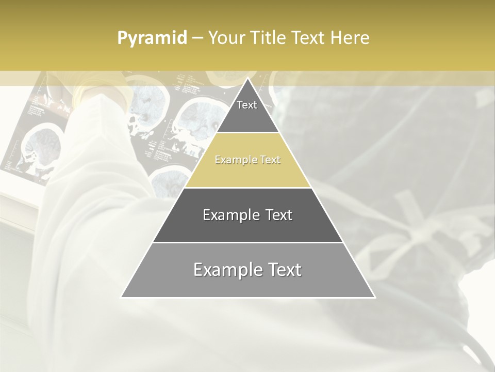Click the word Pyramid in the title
click(x=152, y=38)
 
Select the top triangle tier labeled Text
click(x=247, y=111)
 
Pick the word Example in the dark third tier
click(x=230, y=215)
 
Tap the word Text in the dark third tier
click(x=279, y=215)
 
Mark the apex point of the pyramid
click(x=247, y=79)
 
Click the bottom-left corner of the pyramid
click(x=122, y=297)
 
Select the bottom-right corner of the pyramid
click(x=374, y=297)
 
